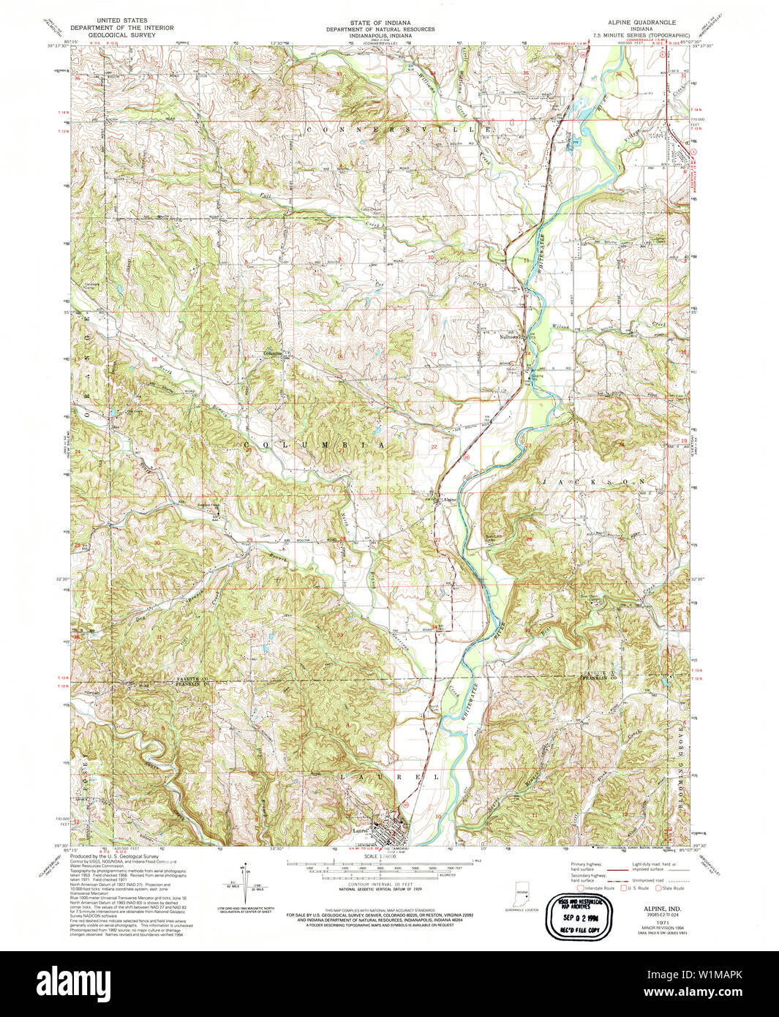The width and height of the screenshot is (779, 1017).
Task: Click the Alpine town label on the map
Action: point(448,500)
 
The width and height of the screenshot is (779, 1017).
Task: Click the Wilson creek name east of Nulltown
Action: point(560,326)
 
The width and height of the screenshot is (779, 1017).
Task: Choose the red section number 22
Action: point(434,446)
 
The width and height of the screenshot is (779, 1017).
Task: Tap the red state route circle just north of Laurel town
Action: point(406,804)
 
